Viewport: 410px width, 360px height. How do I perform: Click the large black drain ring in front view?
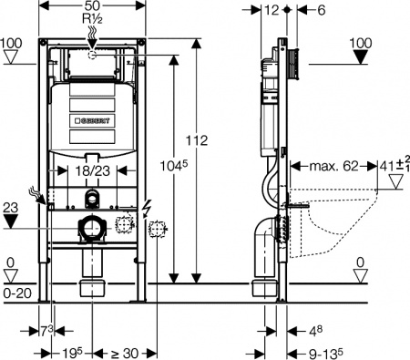(90, 229)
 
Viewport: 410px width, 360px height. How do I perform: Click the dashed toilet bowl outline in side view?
(339, 217)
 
